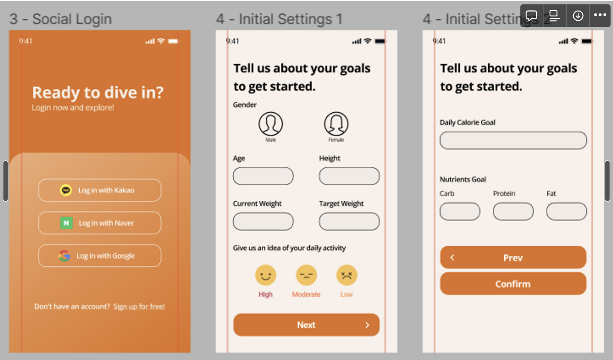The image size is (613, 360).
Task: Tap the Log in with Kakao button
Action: (99, 190)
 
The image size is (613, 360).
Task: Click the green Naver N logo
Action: (66, 223)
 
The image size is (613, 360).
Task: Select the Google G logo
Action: (64, 256)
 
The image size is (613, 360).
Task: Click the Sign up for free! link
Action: (139, 306)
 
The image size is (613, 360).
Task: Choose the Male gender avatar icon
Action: (271, 124)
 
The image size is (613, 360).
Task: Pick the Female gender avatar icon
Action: (336, 124)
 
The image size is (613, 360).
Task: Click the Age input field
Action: (263, 176)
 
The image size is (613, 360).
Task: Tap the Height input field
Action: (349, 176)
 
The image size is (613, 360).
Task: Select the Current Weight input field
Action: (263, 222)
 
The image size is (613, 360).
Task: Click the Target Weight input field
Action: (349, 222)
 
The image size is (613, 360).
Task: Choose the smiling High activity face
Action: (265, 275)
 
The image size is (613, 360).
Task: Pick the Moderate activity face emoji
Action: (306, 275)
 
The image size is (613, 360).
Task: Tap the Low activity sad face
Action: (347, 275)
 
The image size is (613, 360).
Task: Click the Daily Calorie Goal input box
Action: (513, 140)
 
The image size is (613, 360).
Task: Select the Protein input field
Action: (513, 211)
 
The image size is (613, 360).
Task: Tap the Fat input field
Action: (567, 211)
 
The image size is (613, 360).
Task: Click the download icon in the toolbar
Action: (578, 15)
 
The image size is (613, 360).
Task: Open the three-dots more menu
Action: (600, 15)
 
